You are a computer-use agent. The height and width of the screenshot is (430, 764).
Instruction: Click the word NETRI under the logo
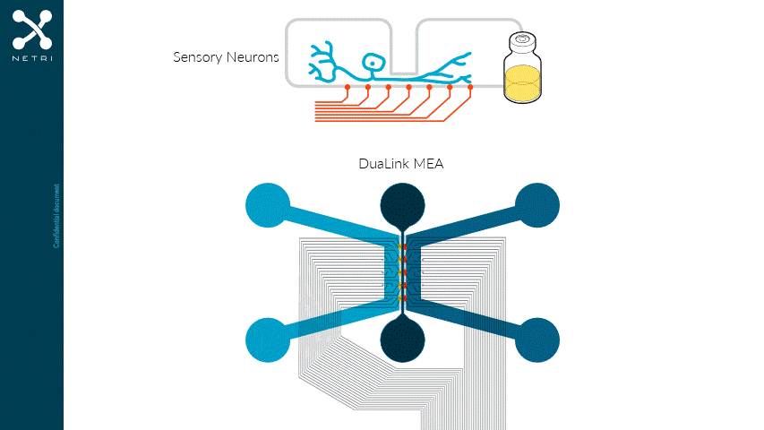coord(32,59)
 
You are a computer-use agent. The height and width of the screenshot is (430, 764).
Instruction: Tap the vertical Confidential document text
coord(56,215)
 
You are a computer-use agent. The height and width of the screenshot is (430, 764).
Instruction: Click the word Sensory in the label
coord(196,57)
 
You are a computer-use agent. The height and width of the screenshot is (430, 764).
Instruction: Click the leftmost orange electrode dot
coord(348,87)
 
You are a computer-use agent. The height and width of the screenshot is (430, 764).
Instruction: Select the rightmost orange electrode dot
coord(470,87)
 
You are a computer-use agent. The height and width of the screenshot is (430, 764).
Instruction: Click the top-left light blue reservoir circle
coord(268,205)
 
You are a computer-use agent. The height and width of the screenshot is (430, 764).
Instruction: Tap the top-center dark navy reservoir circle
coord(402,205)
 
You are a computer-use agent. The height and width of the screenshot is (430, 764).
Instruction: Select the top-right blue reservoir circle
coord(537,205)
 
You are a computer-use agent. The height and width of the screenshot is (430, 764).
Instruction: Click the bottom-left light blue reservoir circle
coord(268,340)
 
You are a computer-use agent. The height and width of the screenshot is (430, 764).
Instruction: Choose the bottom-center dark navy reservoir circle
coord(402,340)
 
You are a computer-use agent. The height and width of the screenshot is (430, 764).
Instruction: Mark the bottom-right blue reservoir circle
coord(537,340)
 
